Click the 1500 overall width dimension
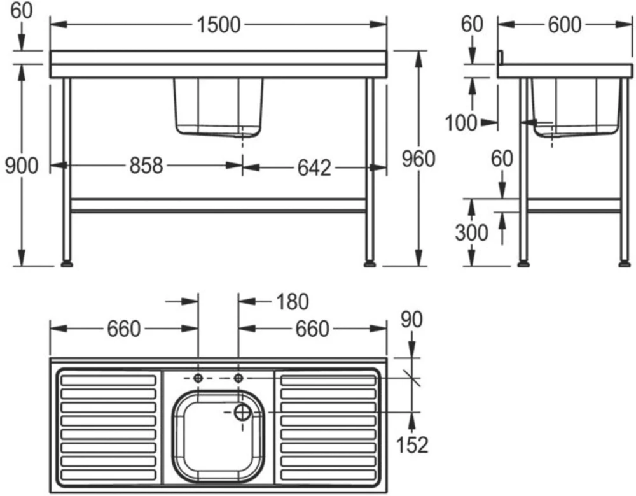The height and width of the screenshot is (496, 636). coord(219,25)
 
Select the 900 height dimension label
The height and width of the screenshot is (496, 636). coord(22,166)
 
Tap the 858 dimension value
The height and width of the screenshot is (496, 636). coord(146,166)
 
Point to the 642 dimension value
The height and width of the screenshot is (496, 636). coord(314,167)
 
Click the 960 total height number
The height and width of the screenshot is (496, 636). coord(418,159)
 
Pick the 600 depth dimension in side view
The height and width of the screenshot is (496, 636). coord(563,25)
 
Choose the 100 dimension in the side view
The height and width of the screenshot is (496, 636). coord(461,122)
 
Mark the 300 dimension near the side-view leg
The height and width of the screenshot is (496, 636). coord(471,233)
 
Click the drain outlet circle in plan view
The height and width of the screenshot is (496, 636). coord(242,412)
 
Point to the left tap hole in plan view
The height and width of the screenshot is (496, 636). coord(198,378)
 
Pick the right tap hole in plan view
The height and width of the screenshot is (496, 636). coord(238,378)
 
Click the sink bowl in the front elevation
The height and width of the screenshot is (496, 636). coord(218,105)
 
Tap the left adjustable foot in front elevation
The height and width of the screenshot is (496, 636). coord(66,262)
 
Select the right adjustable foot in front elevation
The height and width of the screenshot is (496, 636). coord(370,262)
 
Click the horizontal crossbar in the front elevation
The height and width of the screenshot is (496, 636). coord(218,205)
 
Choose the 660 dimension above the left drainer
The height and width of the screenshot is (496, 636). coord(123,329)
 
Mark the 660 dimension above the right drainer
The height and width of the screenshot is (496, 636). coord(312,329)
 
